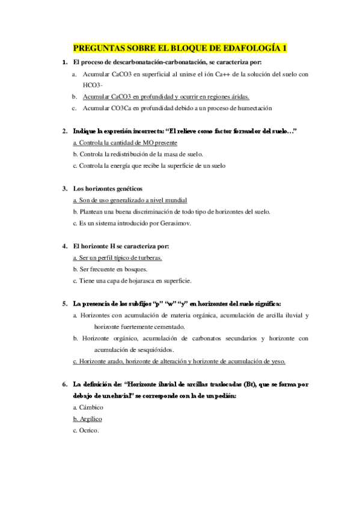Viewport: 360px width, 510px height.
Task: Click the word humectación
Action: tap(253, 108)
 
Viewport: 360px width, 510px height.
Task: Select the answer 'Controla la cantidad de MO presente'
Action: tap(125, 143)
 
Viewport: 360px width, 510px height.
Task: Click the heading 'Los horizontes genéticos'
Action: tap(108, 189)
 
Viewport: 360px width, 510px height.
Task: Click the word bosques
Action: tap(129, 269)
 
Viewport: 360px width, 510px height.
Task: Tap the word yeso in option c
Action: tap(276, 361)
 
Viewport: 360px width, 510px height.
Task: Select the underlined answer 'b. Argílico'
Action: tap(87, 419)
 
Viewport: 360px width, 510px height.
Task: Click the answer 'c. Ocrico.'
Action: tap(85, 430)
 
